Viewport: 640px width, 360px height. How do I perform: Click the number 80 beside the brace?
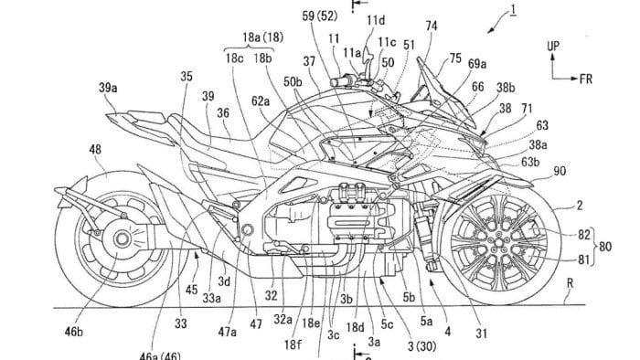(629, 245)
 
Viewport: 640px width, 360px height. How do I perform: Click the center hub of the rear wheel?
(119, 241)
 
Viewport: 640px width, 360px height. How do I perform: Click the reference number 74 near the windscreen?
(432, 26)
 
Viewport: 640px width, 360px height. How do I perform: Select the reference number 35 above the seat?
(187, 78)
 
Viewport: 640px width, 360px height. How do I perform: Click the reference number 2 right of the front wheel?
(577, 207)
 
